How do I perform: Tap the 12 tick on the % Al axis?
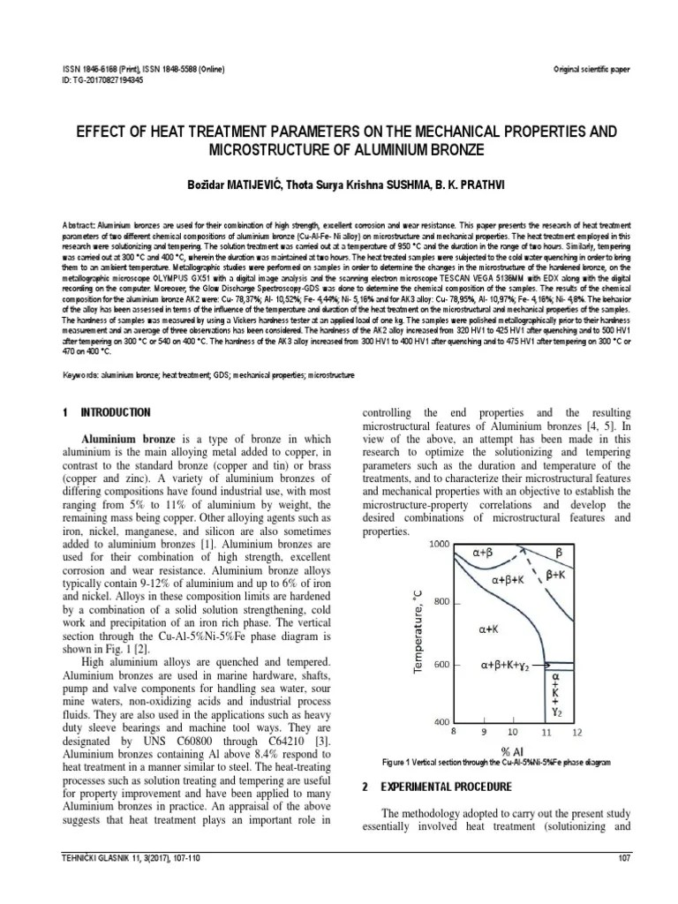pyautogui.click(x=576, y=732)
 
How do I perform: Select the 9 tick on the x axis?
pyautogui.click(x=484, y=732)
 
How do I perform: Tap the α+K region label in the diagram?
pyautogui.click(x=492, y=630)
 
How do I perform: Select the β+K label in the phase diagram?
pyautogui.click(x=557, y=575)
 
